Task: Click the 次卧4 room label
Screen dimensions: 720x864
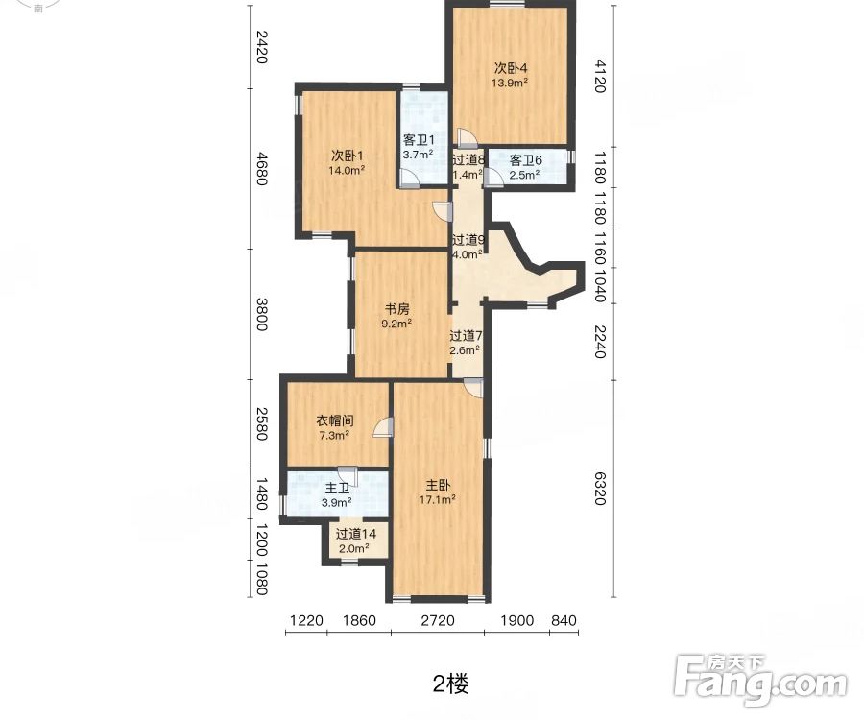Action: tap(512, 67)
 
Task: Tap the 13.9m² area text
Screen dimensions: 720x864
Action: tap(512, 83)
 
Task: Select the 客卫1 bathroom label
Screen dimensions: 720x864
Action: tap(419, 140)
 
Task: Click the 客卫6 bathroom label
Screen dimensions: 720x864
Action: tap(525, 160)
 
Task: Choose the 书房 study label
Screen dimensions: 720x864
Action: tap(397, 309)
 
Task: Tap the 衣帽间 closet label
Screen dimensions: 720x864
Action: tap(335, 420)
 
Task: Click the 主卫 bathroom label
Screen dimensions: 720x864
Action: tap(336, 487)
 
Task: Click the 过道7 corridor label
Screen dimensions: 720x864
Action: tap(466, 336)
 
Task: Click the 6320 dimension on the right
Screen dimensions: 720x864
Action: tap(599, 487)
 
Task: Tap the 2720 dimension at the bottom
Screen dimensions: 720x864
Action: tap(437, 620)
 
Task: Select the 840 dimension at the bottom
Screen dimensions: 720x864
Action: tap(564, 620)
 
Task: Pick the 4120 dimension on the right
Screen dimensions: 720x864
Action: tap(599, 75)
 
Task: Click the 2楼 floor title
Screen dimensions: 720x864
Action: tap(450, 684)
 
